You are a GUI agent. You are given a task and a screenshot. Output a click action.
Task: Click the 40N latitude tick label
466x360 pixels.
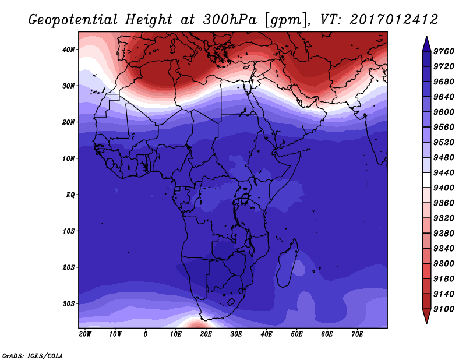click(68, 50)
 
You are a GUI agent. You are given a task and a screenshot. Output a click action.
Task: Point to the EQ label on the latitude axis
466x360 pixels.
click(70, 195)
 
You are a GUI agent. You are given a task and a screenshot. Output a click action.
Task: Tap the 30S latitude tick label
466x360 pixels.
click(68, 304)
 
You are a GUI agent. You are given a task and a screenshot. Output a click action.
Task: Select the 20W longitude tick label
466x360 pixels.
click(85, 334)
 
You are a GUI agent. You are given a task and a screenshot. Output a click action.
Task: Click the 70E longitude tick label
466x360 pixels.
click(357, 334)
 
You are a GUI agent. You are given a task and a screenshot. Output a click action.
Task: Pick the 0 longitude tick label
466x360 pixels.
click(145, 334)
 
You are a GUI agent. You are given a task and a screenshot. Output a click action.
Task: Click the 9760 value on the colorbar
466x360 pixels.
click(444, 51)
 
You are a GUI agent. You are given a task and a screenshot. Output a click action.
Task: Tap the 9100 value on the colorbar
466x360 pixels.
click(444, 309)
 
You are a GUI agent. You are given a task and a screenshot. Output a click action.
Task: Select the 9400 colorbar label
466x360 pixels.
click(444, 188)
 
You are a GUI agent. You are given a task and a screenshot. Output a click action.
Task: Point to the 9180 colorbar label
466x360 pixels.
click(444, 279)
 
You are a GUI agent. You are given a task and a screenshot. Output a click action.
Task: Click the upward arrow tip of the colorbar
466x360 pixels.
click(426, 36)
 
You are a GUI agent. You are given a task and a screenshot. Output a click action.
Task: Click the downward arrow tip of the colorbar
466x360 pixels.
click(426, 323)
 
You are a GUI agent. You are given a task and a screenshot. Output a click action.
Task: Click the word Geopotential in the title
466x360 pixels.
click(73, 20)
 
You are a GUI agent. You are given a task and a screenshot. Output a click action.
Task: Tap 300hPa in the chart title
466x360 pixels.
click(230, 20)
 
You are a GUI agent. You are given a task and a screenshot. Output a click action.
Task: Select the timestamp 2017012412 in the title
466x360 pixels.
click(394, 20)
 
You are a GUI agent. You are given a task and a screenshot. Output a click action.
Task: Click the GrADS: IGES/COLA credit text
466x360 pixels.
click(33, 356)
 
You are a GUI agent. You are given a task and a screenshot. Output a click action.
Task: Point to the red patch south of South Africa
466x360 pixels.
click(196, 323)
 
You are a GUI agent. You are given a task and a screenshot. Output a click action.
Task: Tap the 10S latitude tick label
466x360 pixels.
click(68, 231)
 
